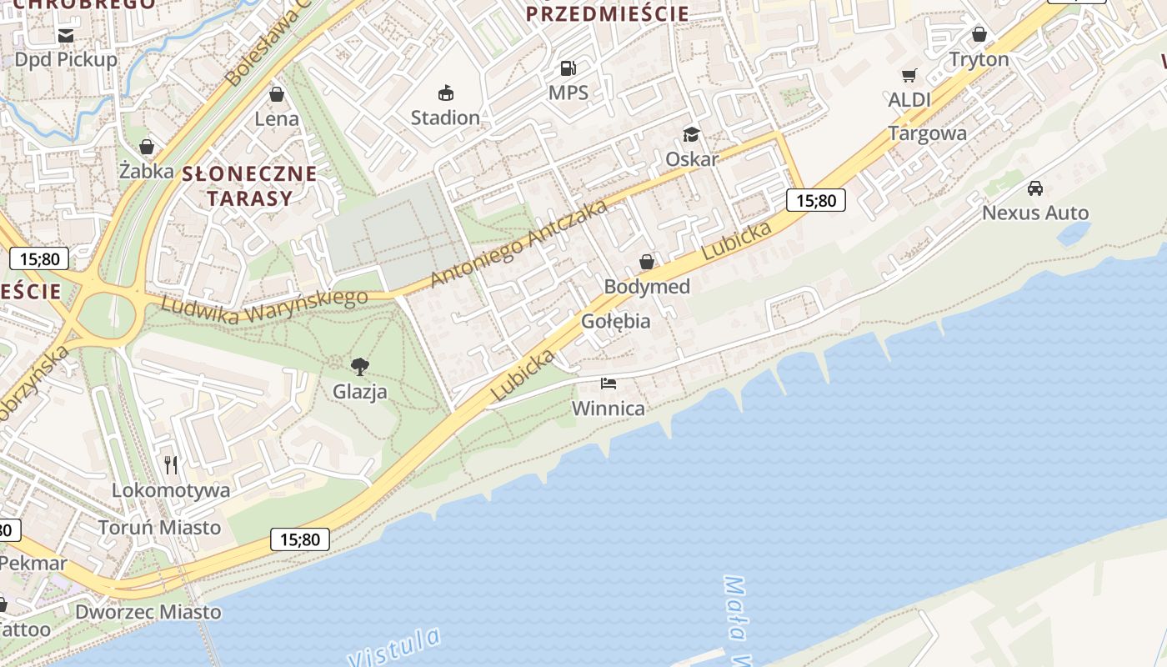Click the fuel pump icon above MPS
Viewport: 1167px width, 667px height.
point(568,68)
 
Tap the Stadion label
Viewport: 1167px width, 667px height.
point(445,118)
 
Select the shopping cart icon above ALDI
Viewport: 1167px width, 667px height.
point(909,76)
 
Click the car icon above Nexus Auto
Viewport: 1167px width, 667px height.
point(1034,188)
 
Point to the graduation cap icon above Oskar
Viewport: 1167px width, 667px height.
point(691,134)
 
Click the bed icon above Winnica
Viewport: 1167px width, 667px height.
point(609,384)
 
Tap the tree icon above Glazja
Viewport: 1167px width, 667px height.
point(360,366)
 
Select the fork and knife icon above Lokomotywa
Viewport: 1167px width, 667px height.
point(171,464)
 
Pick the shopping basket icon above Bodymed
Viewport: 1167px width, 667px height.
point(646,263)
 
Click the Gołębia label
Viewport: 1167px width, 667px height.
point(615,321)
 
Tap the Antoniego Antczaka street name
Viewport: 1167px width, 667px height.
point(518,243)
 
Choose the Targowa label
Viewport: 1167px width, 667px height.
point(927,133)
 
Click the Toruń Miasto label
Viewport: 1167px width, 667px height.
point(159,527)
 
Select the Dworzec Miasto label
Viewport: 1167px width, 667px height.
point(148,612)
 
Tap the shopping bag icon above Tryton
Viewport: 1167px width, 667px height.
point(979,34)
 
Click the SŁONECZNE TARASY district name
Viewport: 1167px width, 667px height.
point(249,186)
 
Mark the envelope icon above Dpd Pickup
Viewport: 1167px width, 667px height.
point(66,35)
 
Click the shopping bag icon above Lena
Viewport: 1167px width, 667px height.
point(276,93)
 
